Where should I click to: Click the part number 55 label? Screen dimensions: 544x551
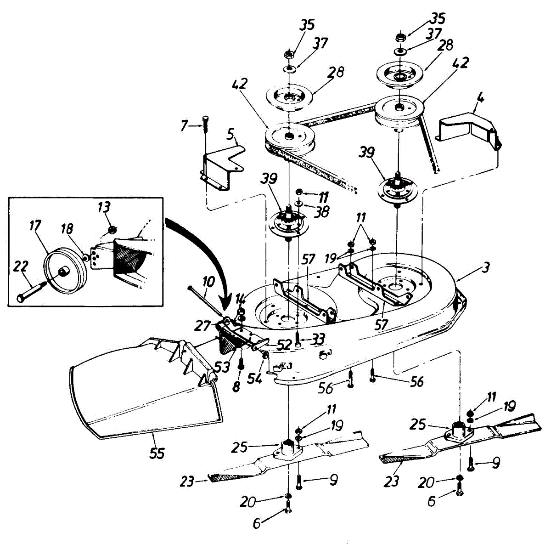pyautogui.click(x=157, y=453)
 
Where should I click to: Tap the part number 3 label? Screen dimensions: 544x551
pyautogui.click(x=486, y=266)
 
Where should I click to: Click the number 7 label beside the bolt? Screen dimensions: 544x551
pyautogui.click(x=184, y=125)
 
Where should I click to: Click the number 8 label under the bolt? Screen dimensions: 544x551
pyautogui.click(x=236, y=386)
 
